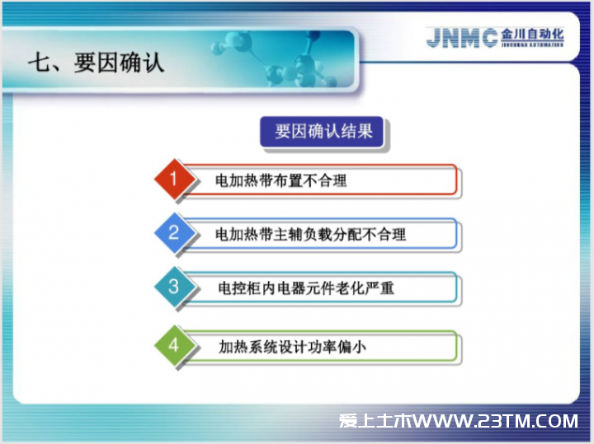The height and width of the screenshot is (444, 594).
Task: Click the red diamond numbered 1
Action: (x=174, y=179)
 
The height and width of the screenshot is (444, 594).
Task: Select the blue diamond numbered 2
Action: (x=174, y=232)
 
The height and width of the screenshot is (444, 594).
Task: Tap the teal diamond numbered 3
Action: (x=174, y=287)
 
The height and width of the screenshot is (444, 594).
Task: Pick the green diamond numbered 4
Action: (x=174, y=345)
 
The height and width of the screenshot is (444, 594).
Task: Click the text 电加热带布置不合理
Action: (x=280, y=180)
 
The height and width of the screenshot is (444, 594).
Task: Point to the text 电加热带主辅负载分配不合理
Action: (x=311, y=235)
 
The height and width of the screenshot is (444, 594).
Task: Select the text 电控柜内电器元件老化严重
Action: (x=306, y=288)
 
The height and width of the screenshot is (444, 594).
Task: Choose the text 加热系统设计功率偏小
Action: (x=292, y=347)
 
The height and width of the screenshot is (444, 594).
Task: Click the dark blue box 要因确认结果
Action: (x=322, y=131)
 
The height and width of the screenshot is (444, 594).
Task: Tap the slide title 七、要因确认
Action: (x=97, y=62)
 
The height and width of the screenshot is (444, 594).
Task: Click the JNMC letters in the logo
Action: (x=462, y=38)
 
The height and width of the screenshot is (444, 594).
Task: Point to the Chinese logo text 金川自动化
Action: (x=532, y=34)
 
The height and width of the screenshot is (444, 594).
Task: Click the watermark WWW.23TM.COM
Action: (x=496, y=421)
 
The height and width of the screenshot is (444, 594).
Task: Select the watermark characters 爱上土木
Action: (x=375, y=421)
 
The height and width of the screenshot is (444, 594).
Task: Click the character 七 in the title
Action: (x=40, y=62)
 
